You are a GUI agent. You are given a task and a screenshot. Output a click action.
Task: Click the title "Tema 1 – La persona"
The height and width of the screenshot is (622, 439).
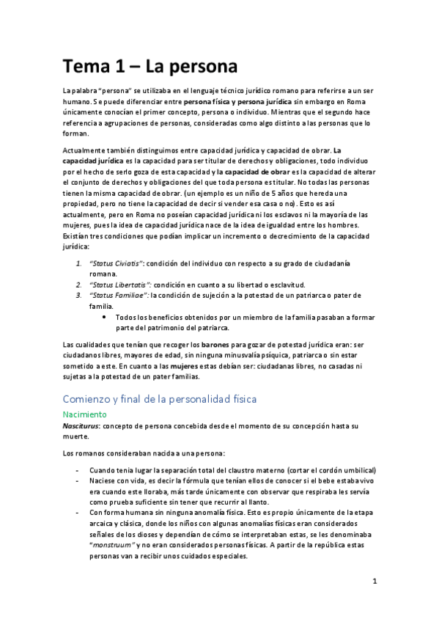pyautogui.click(x=150, y=67)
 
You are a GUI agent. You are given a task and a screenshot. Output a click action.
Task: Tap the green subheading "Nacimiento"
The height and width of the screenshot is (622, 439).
pyautogui.click(x=88, y=414)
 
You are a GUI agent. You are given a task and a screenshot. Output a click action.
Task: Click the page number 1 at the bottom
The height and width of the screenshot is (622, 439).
pyautogui.click(x=374, y=582)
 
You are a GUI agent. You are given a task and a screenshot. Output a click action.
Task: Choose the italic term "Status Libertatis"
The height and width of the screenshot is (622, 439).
pyautogui.click(x=119, y=284)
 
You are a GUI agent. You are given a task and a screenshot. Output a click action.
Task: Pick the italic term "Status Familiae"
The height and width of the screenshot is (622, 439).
pyautogui.click(x=118, y=295)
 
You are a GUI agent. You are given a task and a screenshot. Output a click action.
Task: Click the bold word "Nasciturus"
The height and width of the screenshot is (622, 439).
pyautogui.click(x=81, y=425)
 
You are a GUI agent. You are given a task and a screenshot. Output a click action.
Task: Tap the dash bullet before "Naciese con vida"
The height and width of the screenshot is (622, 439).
pyautogui.click(x=78, y=480)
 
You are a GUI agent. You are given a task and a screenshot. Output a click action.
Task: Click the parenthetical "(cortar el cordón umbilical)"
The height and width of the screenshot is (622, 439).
pyautogui.click(x=328, y=469)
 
